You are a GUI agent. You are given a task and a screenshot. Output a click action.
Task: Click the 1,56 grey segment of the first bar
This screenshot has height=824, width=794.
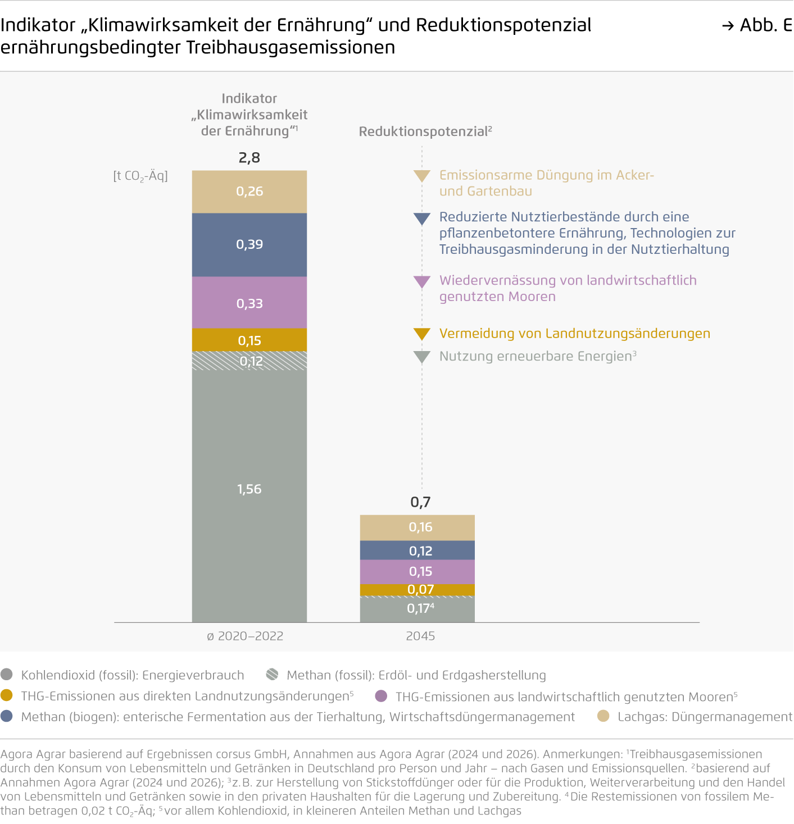point(249,494)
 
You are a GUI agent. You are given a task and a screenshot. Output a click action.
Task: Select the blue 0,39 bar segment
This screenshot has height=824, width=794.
point(249,245)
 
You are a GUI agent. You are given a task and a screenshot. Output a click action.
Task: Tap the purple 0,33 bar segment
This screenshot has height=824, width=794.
point(249,303)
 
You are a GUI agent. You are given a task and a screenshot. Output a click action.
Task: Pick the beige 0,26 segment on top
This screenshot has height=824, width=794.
point(249,192)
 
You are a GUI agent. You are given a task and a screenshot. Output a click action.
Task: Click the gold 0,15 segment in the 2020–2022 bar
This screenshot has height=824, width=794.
point(249,340)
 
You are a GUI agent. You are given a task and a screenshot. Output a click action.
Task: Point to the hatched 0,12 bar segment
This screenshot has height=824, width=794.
point(249,361)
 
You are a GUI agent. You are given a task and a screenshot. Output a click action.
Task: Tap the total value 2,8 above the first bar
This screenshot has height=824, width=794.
point(249,158)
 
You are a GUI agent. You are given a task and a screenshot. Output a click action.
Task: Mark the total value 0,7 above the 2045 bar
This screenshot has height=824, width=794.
point(420,502)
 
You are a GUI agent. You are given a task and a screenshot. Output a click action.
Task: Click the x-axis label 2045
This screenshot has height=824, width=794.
point(420,636)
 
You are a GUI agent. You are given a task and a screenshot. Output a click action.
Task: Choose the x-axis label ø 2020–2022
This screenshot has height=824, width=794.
point(245,636)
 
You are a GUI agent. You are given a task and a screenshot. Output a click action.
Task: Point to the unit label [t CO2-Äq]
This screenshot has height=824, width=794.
point(140,176)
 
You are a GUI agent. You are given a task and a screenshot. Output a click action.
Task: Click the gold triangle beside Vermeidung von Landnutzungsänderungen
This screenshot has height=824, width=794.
point(421,334)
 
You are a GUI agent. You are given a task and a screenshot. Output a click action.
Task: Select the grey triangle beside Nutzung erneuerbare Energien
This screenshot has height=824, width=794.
point(421,357)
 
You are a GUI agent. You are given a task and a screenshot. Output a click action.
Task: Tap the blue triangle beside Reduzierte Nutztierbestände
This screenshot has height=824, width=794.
point(421,218)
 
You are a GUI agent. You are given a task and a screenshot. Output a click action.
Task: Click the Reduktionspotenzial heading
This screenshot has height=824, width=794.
point(425,131)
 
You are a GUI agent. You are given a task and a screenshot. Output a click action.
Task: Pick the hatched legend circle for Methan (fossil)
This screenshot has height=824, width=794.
point(273,675)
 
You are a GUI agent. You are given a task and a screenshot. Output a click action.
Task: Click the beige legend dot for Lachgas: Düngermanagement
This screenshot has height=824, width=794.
point(603,716)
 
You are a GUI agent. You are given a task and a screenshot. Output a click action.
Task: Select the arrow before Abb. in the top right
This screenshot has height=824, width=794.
point(728,26)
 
